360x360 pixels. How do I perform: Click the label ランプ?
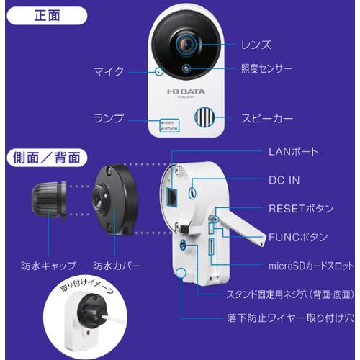click(x=109, y=117)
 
